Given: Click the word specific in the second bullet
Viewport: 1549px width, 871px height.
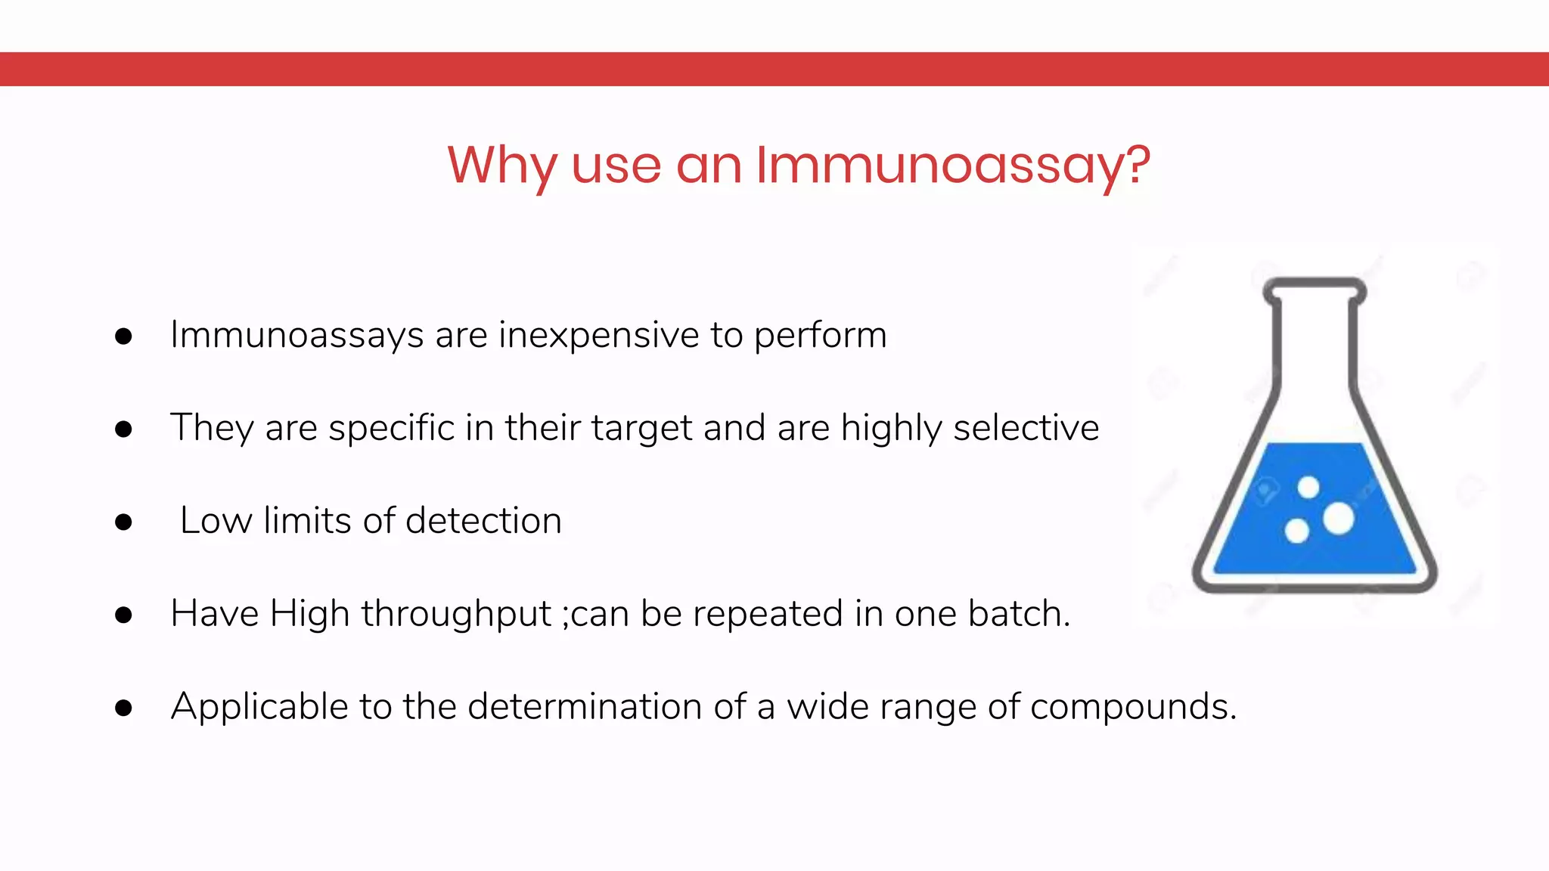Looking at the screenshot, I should click(391, 429).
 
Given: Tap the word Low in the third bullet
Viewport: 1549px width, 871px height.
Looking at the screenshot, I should click(216, 521).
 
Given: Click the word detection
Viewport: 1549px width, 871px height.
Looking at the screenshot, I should click(483, 521).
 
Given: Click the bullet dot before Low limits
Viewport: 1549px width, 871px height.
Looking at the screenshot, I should click(123, 522).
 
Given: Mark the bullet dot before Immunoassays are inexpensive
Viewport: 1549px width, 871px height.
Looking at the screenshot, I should click(123, 336).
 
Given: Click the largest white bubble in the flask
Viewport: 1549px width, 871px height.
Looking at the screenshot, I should click(1338, 519).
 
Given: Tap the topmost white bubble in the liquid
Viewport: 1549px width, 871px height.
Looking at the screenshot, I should click(1308, 488).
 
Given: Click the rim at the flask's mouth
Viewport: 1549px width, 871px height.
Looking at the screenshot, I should click(1315, 286).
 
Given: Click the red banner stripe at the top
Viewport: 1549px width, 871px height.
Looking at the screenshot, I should click(774, 69).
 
